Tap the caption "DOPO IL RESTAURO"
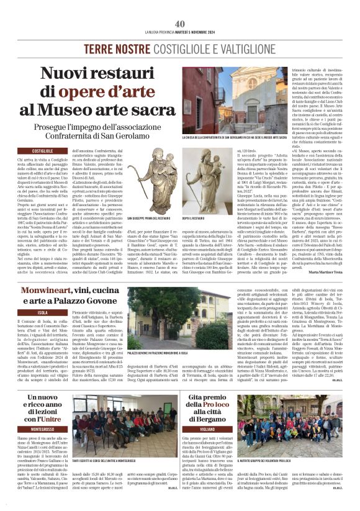pyautogui.click(x=196, y=219)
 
